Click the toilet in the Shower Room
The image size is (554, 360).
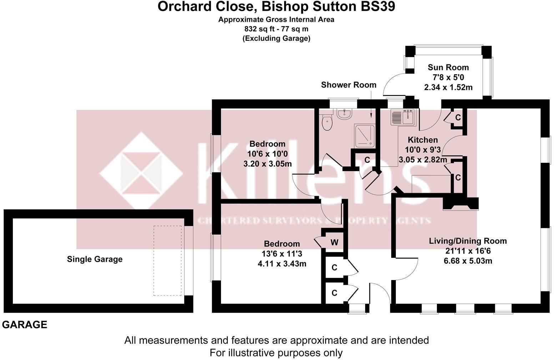327,123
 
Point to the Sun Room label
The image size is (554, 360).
448,67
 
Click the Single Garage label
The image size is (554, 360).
95,259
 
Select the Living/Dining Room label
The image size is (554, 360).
468,241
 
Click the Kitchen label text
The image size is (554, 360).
423,140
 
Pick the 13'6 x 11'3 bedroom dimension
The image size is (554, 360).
282,254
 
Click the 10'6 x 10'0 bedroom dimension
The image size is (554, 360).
267,154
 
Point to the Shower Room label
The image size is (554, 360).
348,85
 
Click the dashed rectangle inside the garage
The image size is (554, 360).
168,260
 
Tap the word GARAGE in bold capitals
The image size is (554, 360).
25,325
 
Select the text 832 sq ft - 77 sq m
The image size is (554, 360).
276,29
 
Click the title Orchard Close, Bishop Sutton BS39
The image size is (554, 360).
276,7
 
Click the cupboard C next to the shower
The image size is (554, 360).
367,160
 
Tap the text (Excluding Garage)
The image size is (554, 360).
276,39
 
